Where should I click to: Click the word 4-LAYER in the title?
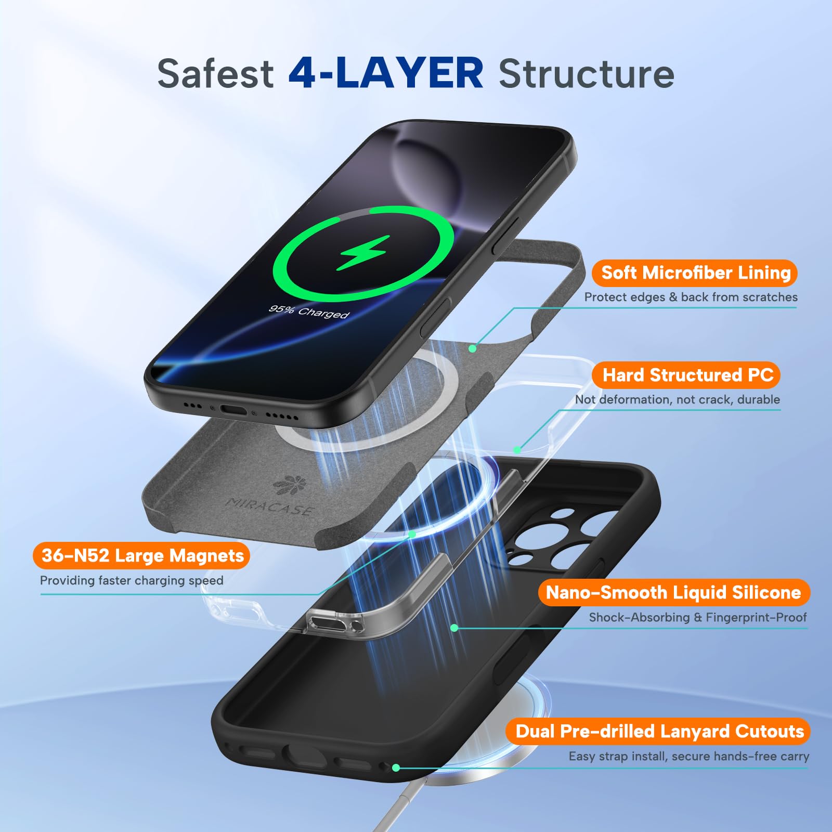tap(386, 73)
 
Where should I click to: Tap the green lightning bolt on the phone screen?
tap(362, 253)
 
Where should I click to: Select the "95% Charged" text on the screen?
tap(309, 311)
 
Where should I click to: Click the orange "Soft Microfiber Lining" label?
tap(695, 273)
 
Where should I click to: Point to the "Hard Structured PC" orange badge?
tap(687, 375)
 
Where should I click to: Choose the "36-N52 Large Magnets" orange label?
tap(141, 555)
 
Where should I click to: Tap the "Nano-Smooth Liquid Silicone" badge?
tap(674, 592)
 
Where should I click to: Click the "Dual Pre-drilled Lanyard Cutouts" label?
tap(659, 731)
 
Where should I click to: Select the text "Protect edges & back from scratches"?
tap(691, 297)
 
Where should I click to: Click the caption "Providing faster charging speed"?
tap(132, 580)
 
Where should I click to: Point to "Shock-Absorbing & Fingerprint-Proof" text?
tap(698, 617)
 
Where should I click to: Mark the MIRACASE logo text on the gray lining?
tap(269, 506)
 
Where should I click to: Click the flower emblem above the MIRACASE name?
tap(290, 485)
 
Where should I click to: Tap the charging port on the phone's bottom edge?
tap(233, 410)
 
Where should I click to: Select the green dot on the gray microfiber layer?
tap(472, 348)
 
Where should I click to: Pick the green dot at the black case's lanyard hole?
tap(396, 768)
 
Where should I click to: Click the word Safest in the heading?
tap(215, 73)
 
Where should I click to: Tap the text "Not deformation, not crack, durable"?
tap(677, 399)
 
